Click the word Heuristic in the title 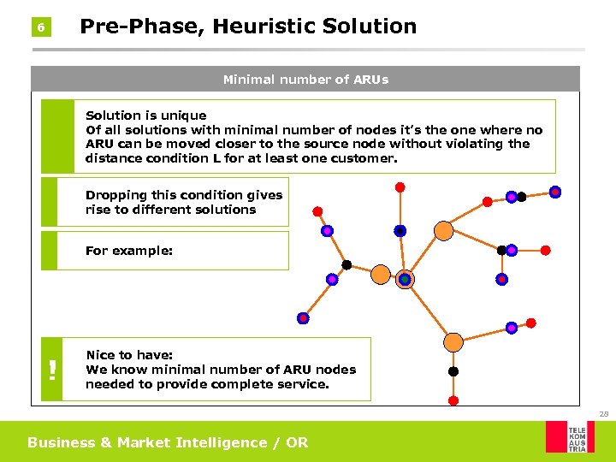coord(264,27)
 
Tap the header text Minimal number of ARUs coord(305,80)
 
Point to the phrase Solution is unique coord(145,115)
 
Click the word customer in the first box coord(368,158)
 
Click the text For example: coord(129,252)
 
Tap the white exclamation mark coord(53,370)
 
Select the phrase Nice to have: coord(129,355)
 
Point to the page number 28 coord(604,414)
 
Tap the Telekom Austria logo coord(570,436)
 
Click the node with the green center coord(405,279)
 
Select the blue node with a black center coord(400,231)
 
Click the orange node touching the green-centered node coord(381,275)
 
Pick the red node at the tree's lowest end coord(453,400)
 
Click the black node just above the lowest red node coord(453,371)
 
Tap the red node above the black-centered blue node coord(400,187)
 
